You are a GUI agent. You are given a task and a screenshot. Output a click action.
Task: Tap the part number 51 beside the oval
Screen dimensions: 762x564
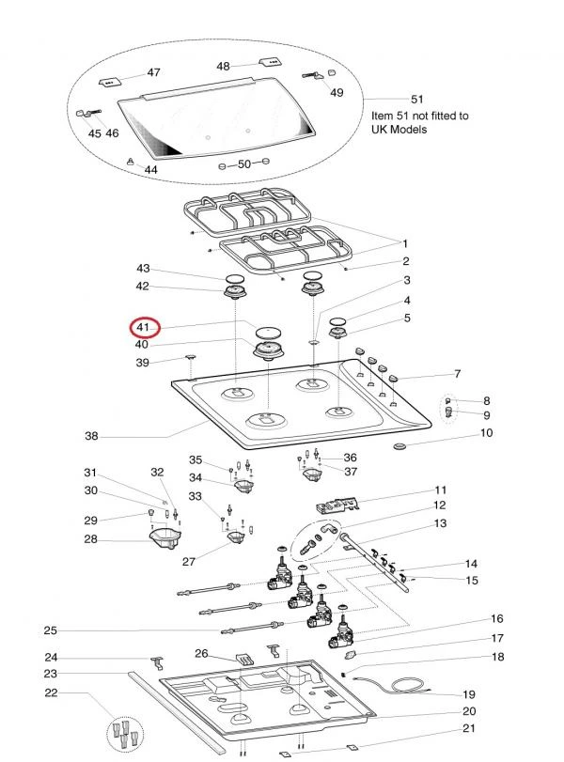(x=417, y=99)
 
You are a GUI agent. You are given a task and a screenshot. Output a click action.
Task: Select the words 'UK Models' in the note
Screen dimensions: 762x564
(x=399, y=129)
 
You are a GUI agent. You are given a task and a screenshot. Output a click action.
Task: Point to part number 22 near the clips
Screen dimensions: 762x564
(x=52, y=693)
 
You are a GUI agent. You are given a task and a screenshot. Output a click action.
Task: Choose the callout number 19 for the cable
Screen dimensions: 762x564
(x=468, y=694)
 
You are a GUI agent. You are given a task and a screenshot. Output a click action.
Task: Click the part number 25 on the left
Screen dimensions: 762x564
(x=51, y=630)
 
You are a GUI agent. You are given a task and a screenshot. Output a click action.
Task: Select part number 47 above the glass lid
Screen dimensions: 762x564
(x=153, y=72)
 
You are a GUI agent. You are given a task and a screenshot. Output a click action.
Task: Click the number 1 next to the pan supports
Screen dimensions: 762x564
(x=405, y=241)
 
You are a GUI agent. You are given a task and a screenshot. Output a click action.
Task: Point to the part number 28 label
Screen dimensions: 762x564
(x=91, y=539)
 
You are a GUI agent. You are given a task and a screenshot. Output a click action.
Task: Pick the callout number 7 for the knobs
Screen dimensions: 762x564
(x=457, y=374)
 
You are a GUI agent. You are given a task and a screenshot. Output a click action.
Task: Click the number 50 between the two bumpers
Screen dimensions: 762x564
(x=243, y=163)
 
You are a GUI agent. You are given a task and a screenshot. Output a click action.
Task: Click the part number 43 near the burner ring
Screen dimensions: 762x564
(x=144, y=269)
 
